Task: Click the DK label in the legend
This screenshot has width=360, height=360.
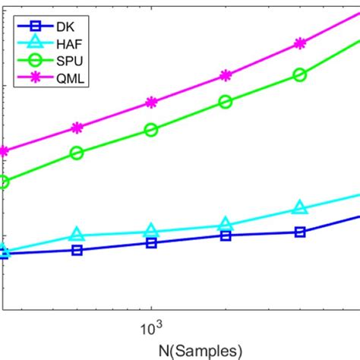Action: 64,25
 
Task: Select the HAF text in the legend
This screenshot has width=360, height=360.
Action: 66,43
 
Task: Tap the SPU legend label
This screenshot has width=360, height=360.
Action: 66,61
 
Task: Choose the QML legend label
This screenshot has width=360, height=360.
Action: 66,79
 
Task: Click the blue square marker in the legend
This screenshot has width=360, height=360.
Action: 31,25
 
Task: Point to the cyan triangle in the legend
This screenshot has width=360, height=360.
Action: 31,43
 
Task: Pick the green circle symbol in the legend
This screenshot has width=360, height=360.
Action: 31,61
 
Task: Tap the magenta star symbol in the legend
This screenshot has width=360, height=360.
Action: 31,79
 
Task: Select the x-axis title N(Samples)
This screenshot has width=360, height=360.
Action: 200,350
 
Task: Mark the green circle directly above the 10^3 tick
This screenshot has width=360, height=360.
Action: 151,131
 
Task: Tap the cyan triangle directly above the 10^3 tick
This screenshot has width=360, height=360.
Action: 151,231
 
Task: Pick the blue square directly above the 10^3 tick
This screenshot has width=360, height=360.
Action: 151,243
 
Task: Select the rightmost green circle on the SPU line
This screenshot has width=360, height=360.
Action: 300,74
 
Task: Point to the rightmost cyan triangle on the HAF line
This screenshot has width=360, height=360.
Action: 300,208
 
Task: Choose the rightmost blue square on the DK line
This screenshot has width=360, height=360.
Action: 300,232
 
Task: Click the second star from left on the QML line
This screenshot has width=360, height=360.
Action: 77,128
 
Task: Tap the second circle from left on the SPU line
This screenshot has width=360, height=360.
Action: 77,153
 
